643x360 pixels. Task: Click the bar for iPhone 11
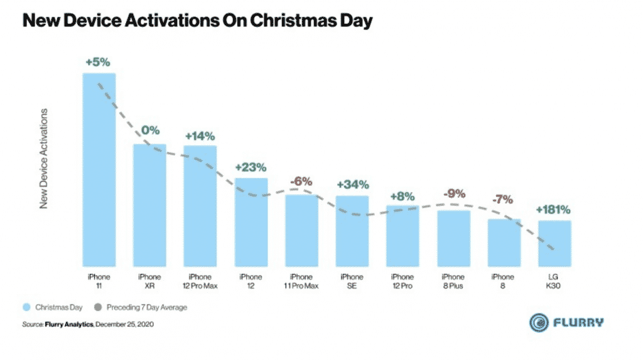tap(99, 170)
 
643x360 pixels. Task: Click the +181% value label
tap(554, 209)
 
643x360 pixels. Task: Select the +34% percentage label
tap(352, 185)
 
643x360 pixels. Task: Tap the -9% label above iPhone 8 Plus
tap(453, 195)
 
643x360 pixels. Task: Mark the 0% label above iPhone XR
tap(150, 131)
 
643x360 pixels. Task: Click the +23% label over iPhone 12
tap(251, 167)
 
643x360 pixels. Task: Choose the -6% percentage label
tap(301, 182)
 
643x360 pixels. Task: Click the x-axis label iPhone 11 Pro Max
tap(301, 281)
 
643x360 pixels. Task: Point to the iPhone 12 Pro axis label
tap(403, 281)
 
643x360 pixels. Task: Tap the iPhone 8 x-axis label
tap(504, 281)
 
